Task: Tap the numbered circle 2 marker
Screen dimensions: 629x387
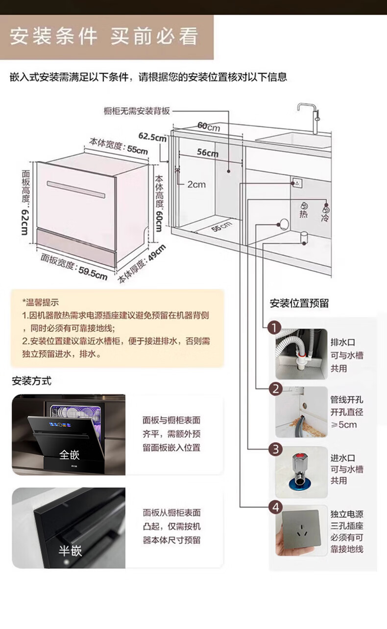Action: tap(275, 389)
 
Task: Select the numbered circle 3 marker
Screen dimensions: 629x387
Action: tap(276, 449)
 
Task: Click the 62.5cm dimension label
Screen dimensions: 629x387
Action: tap(152, 136)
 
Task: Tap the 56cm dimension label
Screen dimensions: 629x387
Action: tap(208, 153)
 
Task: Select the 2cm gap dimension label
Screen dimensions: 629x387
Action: tap(196, 185)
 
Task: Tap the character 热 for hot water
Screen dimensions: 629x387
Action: tap(304, 214)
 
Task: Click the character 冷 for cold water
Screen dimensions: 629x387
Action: tap(325, 217)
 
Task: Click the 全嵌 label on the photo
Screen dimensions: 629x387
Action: tap(69, 455)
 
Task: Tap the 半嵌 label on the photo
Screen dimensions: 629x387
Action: tap(70, 551)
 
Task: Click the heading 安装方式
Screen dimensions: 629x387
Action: tap(31, 381)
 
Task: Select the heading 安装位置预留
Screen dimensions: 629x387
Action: tap(299, 303)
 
